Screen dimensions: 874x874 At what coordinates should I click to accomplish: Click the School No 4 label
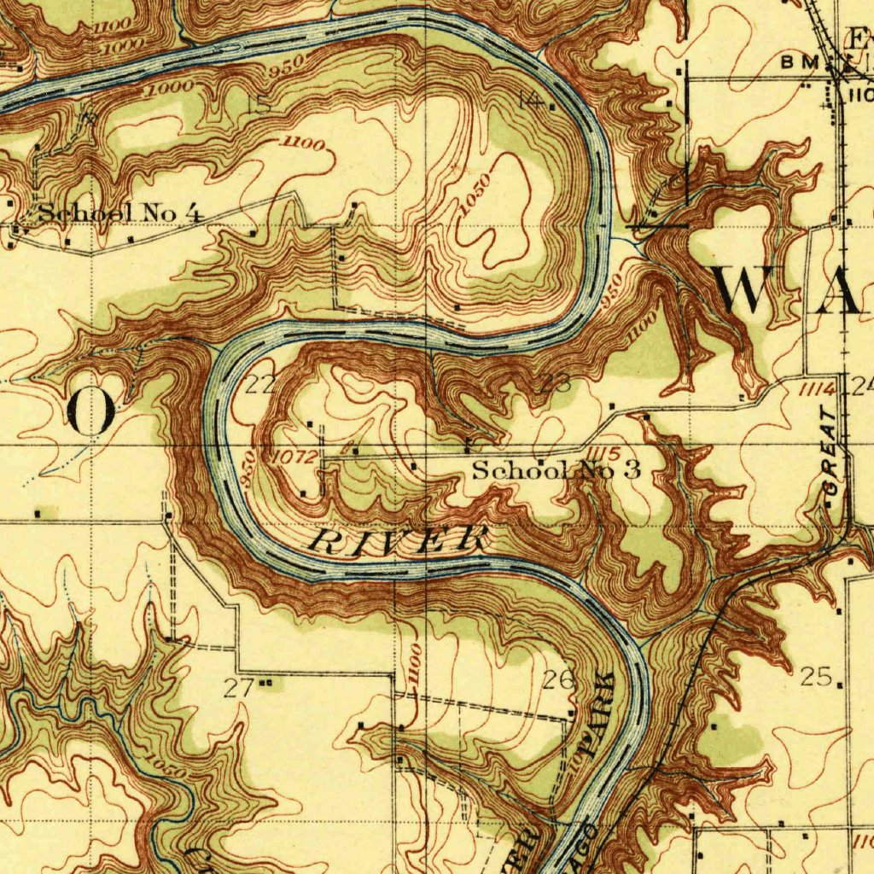(120, 213)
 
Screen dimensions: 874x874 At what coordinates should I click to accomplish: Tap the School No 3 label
(556, 469)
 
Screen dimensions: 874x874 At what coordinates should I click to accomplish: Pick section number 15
(258, 104)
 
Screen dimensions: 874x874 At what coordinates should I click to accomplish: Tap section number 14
(531, 100)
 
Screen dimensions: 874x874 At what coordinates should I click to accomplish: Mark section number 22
(259, 385)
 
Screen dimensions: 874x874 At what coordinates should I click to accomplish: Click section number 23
(556, 383)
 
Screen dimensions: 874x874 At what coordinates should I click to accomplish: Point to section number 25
(816, 677)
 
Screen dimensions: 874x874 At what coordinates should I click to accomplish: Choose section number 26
(558, 680)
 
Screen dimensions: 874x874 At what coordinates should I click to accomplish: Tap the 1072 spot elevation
(294, 459)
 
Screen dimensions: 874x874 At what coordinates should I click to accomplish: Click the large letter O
(92, 411)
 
